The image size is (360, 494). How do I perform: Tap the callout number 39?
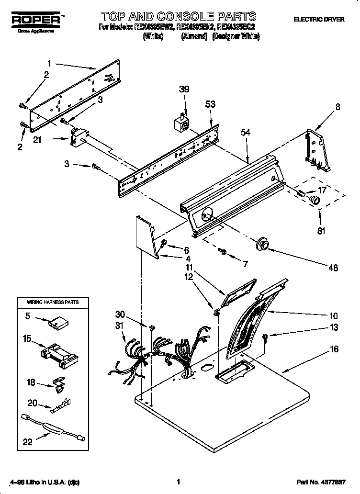click(184, 89)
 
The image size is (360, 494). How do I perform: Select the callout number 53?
click(210, 104)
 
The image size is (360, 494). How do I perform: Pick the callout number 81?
click(321, 231)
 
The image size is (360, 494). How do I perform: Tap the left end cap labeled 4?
click(146, 235)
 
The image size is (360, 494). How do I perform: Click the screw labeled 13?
click(266, 339)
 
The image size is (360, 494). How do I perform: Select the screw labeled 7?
click(222, 250)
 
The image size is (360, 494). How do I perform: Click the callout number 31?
click(120, 326)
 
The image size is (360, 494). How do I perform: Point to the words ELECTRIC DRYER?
click(319, 20)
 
